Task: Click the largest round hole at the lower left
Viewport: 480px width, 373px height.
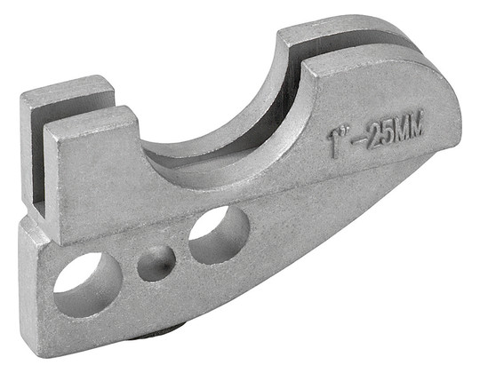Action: tap(88, 285)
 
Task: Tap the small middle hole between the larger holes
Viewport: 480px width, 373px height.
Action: tap(156, 264)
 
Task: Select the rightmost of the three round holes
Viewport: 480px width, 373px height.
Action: tap(219, 234)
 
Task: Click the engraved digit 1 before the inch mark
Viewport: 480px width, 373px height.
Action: tap(333, 143)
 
